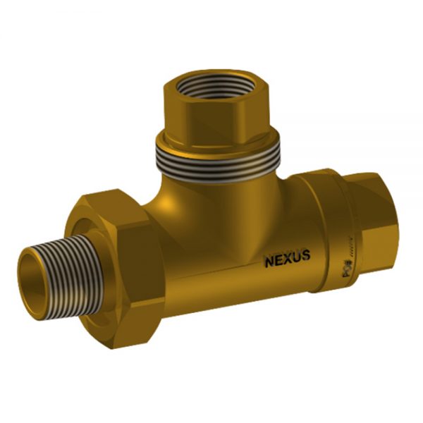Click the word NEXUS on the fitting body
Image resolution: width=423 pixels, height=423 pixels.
(x=287, y=259)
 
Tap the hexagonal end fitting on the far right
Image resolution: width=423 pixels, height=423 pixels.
(x=381, y=211)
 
